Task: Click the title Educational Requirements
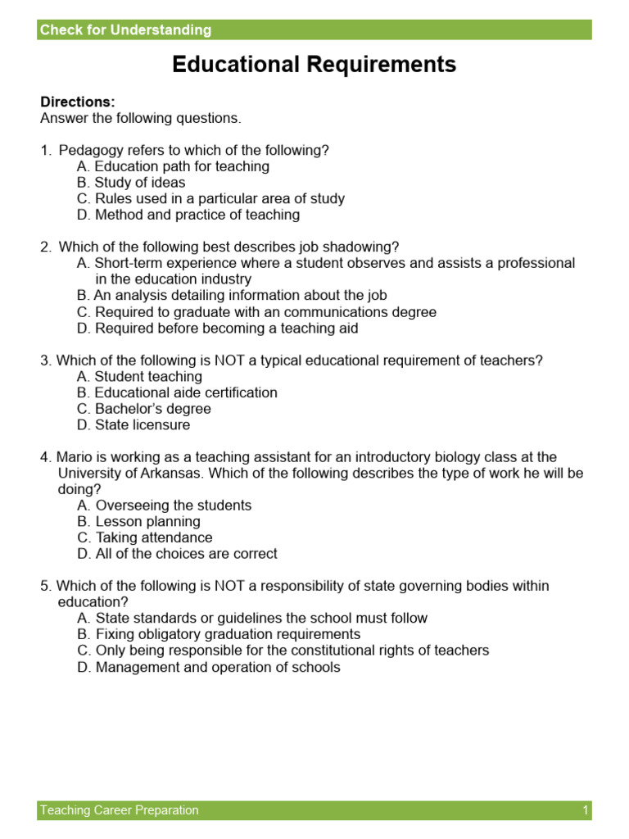(314, 66)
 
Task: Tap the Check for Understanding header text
(125, 30)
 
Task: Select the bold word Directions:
(78, 102)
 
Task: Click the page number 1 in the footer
(586, 810)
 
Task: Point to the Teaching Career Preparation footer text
(120, 810)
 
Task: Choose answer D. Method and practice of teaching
(188, 215)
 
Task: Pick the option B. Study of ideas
(131, 183)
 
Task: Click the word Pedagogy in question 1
(89, 150)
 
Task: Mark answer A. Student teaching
(139, 377)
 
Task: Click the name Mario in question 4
(75, 457)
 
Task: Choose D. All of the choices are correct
(177, 554)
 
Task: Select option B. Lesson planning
(138, 522)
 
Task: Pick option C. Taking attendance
(145, 537)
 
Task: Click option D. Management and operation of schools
(209, 667)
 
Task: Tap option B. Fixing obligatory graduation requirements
(219, 634)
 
